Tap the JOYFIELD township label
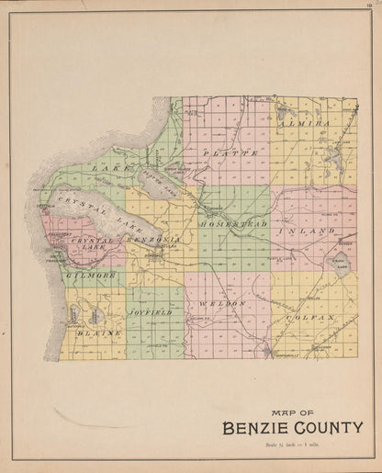154,312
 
